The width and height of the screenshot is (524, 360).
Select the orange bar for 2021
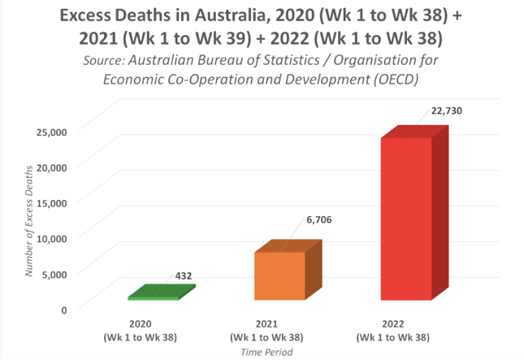[279, 276]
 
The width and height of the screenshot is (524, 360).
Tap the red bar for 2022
[406, 219]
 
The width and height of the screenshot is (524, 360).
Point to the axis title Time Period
[267, 352]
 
